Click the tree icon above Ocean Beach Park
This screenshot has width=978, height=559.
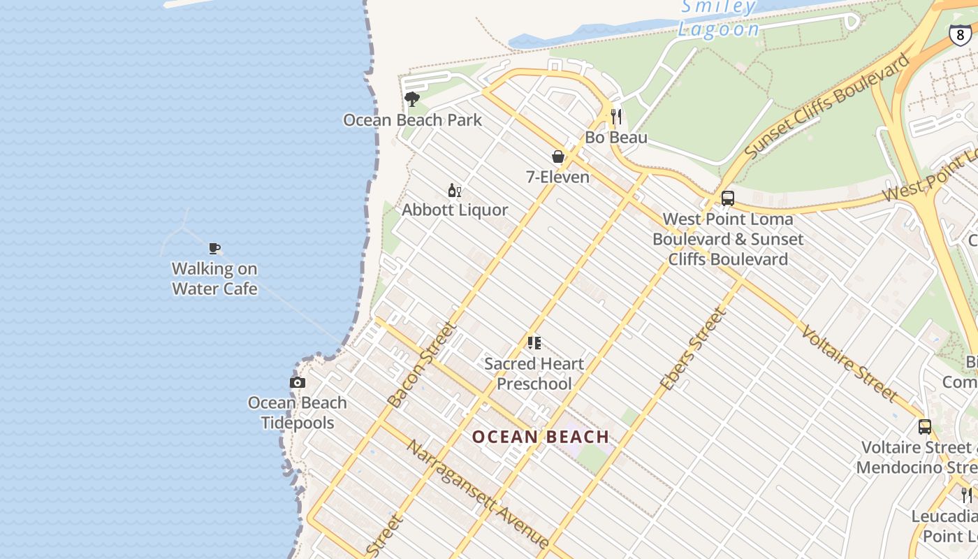[412, 99]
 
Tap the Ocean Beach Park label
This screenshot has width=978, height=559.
[412, 120]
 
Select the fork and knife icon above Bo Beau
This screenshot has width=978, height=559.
[616, 116]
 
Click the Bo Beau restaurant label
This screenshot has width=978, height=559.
[616, 138]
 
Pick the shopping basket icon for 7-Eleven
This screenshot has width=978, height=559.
[558, 157]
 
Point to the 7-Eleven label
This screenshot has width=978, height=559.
[558, 177]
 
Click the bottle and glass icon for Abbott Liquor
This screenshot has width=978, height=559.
[455, 190]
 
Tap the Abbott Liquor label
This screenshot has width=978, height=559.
[455, 210]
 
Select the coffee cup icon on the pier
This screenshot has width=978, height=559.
[214, 248]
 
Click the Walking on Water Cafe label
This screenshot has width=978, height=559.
[214, 279]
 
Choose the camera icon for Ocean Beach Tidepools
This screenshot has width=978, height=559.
[298, 382]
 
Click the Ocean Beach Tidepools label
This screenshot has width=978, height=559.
[298, 412]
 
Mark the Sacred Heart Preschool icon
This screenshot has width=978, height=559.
[534, 343]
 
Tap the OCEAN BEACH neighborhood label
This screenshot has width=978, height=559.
[541, 437]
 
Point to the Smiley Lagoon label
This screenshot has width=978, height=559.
[718, 18]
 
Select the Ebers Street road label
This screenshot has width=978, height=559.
[694, 349]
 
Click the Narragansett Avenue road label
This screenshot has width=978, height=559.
[478, 494]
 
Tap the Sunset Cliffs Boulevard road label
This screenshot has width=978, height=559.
[828, 105]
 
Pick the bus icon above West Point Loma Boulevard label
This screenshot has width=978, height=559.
[728, 198]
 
